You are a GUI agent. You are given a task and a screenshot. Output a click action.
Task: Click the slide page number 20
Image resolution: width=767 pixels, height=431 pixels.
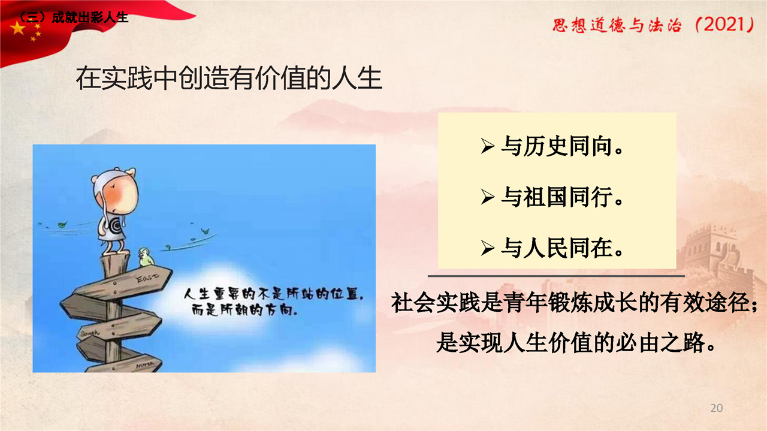pos(716,408)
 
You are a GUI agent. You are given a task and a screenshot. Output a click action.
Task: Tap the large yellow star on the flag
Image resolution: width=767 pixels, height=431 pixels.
pos(18,28)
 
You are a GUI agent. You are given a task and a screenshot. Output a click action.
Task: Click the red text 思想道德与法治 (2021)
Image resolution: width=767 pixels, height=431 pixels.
pos(653,25)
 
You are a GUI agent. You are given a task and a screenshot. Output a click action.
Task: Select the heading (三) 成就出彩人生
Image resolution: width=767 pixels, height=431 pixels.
pos(73,17)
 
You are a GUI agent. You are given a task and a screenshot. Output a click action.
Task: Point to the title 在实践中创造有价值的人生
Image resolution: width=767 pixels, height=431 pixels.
pos(229,79)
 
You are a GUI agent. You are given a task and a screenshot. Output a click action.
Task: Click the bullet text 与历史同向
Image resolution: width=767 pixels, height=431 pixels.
pos(561,146)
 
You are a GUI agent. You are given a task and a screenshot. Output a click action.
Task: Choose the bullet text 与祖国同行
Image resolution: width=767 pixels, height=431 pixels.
pos(561,197)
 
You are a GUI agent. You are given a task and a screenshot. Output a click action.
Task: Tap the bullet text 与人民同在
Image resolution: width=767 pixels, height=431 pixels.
pos(561,248)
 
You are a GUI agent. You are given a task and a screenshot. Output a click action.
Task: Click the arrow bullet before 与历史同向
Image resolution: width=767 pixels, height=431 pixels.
pos(488,147)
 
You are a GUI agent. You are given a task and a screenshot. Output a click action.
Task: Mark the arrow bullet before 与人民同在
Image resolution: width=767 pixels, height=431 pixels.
pos(488,248)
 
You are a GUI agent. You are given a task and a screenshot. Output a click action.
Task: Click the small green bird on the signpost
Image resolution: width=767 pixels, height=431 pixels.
pos(146,257)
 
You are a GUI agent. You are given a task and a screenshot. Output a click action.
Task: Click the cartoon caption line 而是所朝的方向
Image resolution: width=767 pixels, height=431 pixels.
pos(244,311)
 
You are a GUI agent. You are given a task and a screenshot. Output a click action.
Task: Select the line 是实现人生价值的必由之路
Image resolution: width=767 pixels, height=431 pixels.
pos(576,342)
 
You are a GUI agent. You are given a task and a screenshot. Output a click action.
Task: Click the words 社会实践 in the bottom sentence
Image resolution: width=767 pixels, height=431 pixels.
pos(436,303)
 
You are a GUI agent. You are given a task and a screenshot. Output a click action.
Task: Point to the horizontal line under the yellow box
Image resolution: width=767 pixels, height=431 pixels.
pos(556,276)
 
